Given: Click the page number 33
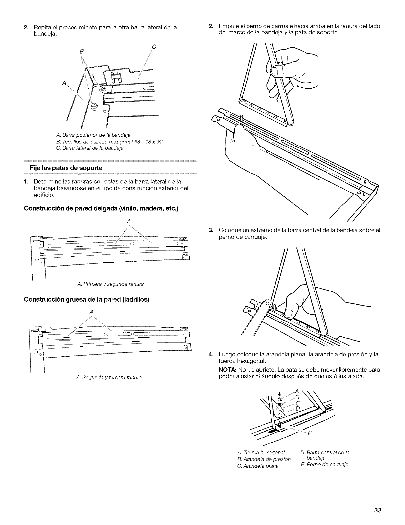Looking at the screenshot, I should point(378,510).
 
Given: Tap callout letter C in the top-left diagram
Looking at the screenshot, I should point(154,46).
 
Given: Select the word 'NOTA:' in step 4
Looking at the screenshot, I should point(227,370).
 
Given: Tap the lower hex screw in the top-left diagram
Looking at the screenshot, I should point(94,106).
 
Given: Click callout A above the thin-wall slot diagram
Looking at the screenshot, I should point(129,221).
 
